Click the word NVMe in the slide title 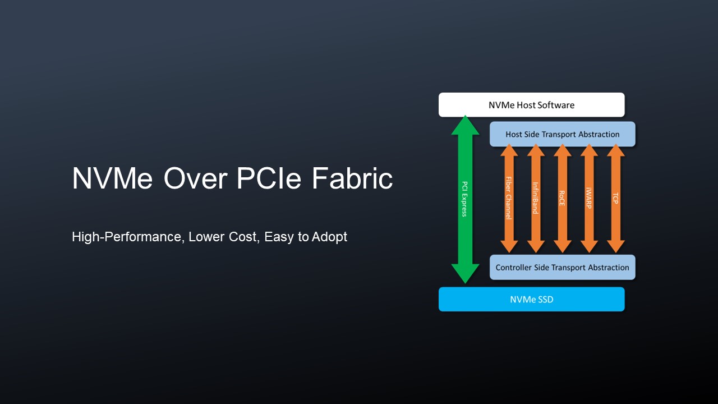point(112,178)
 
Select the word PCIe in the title point(269,178)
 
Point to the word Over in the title point(196,178)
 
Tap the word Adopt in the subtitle point(329,237)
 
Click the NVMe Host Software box point(531,105)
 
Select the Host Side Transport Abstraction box point(563,134)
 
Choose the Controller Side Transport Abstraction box point(563,267)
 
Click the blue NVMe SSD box point(531,299)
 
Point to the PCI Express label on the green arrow point(465,199)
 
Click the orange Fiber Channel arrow point(509,198)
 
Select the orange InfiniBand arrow point(536,198)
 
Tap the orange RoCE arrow point(563,198)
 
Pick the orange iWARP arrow point(589,198)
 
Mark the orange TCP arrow point(616,198)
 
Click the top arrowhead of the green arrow point(465,126)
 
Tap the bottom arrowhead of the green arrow point(465,273)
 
